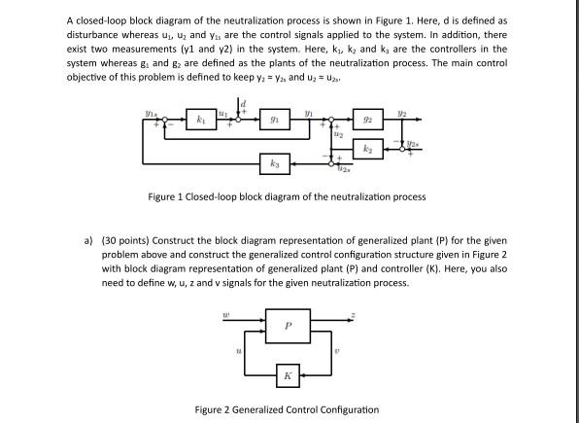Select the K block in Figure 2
click(x=289, y=374)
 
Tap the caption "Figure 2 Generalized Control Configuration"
click(x=289, y=409)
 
